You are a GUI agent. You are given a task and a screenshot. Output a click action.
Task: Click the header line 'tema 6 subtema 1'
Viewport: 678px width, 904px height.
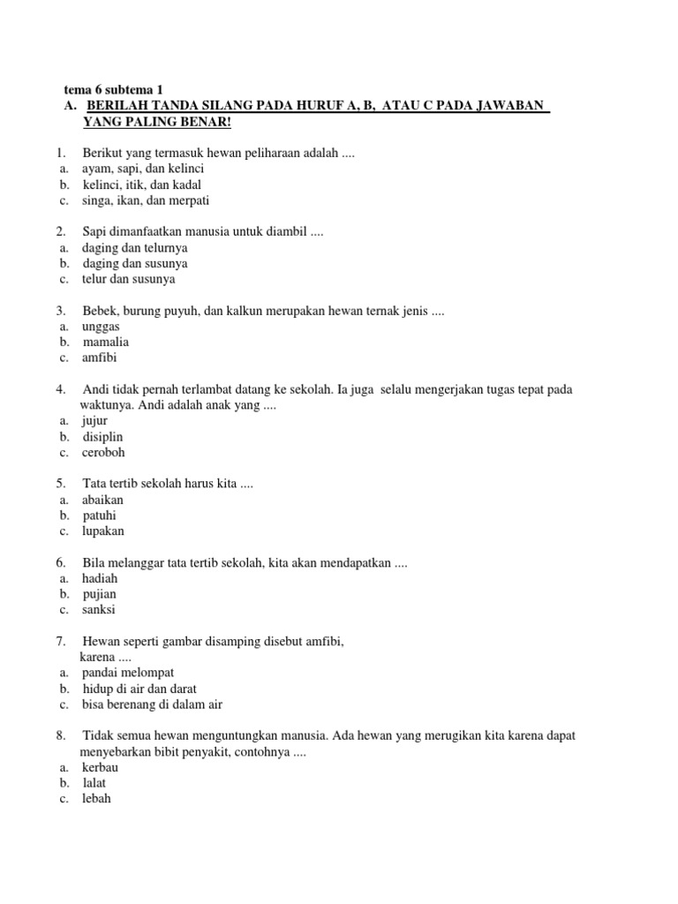(114, 90)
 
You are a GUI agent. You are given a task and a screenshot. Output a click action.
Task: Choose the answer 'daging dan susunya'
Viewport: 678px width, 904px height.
(134, 263)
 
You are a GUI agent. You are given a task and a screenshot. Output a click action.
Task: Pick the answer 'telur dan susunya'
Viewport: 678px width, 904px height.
(129, 279)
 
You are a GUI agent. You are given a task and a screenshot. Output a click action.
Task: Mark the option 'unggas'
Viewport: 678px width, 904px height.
(101, 327)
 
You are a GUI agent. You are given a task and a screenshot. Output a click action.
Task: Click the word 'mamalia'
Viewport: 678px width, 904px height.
(106, 343)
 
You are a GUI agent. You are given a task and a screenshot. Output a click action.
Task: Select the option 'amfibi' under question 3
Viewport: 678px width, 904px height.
(99, 358)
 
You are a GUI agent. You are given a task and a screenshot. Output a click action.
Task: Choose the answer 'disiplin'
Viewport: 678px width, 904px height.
(103, 436)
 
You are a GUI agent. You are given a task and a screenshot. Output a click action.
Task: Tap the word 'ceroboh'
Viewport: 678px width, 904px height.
(104, 452)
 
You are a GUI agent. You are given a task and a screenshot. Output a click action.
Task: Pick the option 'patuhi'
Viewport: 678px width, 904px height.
(99, 516)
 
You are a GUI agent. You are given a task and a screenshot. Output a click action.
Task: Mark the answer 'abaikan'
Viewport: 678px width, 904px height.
(102, 500)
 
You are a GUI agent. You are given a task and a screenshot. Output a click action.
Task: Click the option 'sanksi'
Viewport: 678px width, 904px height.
(99, 610)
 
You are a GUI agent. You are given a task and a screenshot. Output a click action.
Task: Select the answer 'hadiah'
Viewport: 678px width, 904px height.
(100, 578)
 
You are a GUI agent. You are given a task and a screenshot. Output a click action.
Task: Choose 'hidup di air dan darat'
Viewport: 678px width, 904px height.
(139, 689)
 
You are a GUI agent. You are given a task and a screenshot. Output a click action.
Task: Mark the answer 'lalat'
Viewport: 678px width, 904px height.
(94, 783)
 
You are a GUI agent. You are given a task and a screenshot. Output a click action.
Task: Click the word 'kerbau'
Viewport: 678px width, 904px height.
(100, 767)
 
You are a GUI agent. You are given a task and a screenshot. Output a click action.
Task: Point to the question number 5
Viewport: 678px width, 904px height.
(61, 484)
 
